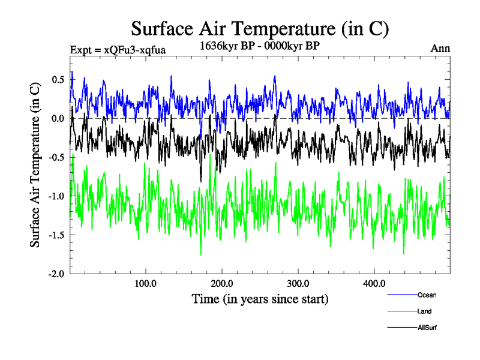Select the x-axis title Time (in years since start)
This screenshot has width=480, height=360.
coord(260,298)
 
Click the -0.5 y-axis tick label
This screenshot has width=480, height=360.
coord(55,157)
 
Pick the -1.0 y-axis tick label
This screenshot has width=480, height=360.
coord(55,196)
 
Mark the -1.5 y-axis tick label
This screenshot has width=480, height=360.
coord(55,235)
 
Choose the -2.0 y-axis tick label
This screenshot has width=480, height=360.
coord(55,274)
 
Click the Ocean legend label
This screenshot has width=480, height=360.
coord(427,295)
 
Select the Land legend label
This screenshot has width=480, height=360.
coord(424,311)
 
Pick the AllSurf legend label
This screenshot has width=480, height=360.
coord(427,328)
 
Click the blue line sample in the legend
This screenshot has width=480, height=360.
coord(402,295)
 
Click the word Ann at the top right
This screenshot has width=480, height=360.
coord(440,49)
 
